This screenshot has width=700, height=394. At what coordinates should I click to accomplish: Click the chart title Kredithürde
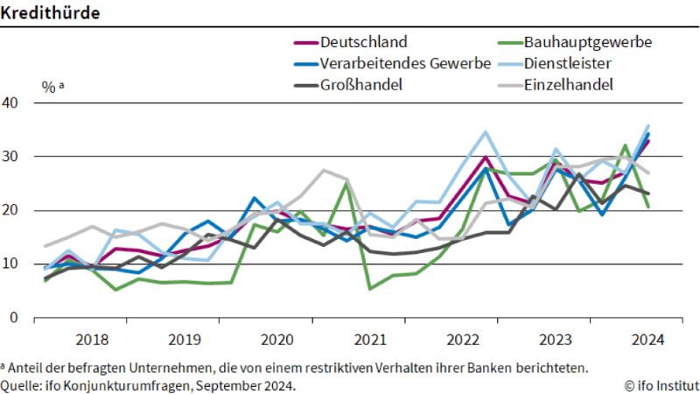(x=49, y=13)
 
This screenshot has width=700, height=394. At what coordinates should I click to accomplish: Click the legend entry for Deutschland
(x=363, y=42)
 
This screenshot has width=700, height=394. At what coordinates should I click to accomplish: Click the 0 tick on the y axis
(x=15, y=318)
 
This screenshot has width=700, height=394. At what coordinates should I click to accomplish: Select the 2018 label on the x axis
(x=92, y=340)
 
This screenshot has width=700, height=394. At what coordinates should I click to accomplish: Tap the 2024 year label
(x=646, y=340)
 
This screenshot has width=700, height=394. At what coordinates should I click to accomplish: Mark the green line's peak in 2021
(x=347, y=183)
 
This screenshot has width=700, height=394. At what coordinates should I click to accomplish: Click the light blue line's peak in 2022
(x=486, y=132)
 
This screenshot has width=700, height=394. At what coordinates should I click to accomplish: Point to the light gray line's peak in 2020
(x=324, y=170)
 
